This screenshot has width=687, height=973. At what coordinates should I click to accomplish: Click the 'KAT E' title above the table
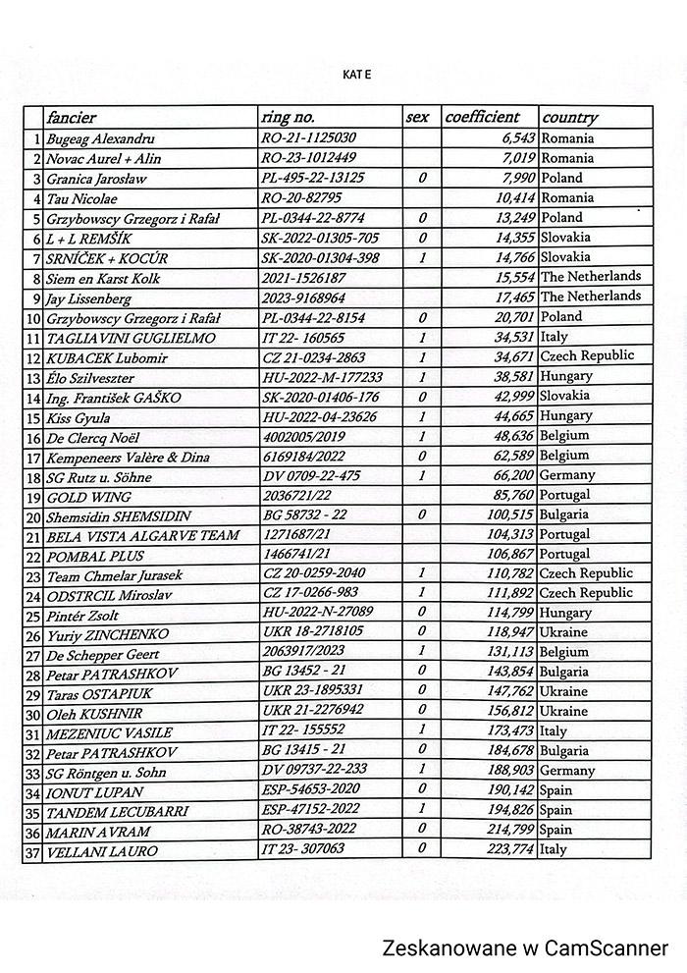pos(357,74)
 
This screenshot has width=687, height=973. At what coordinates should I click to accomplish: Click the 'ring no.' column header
pos(290,117)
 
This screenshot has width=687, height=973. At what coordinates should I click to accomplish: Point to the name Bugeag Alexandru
pos(101,139)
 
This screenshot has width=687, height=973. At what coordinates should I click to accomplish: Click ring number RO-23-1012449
pos(309,159)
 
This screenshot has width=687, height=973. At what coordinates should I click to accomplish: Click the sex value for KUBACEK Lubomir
pos(421,357)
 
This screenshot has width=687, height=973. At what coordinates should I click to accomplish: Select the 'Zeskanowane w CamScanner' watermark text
pos(526,947)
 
